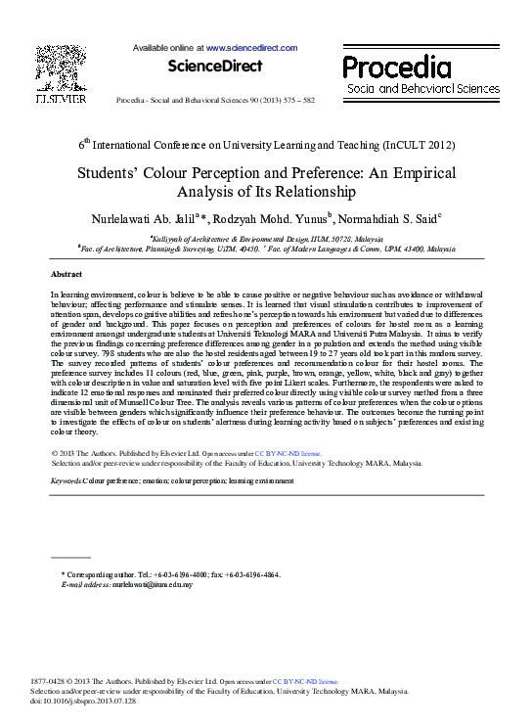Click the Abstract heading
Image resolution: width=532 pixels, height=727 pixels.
[66, 275]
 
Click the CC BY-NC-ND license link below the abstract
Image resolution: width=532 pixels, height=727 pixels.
[296, 454]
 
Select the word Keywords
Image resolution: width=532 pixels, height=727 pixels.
[66, 481]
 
